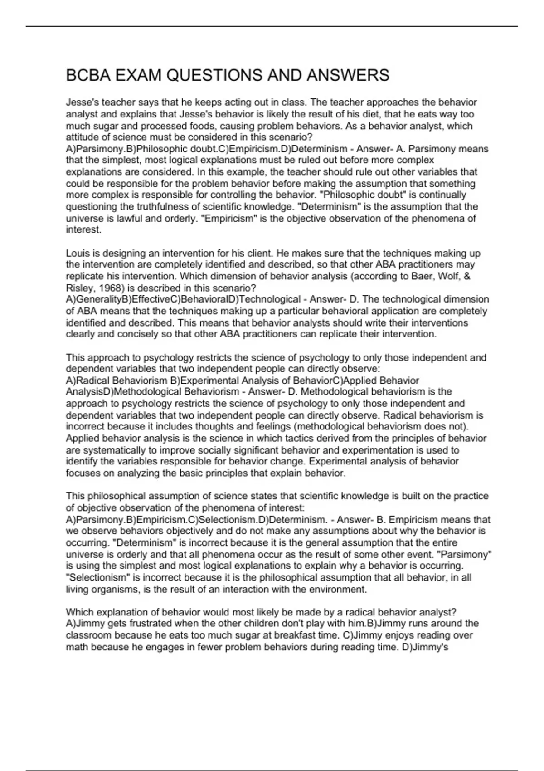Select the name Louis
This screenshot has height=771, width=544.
click(78, 253)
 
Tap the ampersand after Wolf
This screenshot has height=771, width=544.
click(467, 276)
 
